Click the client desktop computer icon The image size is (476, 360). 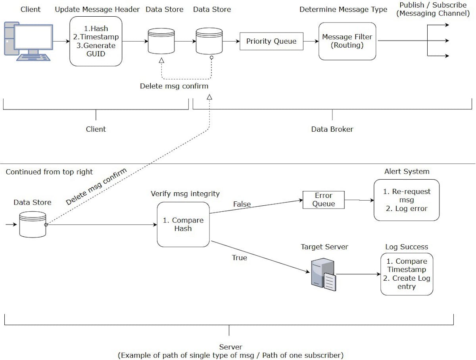point(28,41)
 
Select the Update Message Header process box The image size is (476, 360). point(95,41)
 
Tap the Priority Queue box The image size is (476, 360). point(271,41)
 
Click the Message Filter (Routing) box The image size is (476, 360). point(347,41)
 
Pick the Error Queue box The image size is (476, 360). point(324,199)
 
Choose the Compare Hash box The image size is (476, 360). point(183,224)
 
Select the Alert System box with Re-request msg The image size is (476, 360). point(407,200)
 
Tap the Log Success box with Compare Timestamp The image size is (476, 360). point(407,274)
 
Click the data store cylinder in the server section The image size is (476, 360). point(33,224)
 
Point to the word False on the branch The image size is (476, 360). point(242,204)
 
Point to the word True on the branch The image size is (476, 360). point(239,258)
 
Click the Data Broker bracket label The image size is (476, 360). point(332,129)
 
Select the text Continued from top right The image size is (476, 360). point(49,172)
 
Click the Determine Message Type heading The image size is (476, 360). point(343,10)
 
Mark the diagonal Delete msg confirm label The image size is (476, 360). point(96,186)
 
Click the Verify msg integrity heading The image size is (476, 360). point(185,194)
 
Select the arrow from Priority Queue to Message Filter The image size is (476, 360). point(311,41)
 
